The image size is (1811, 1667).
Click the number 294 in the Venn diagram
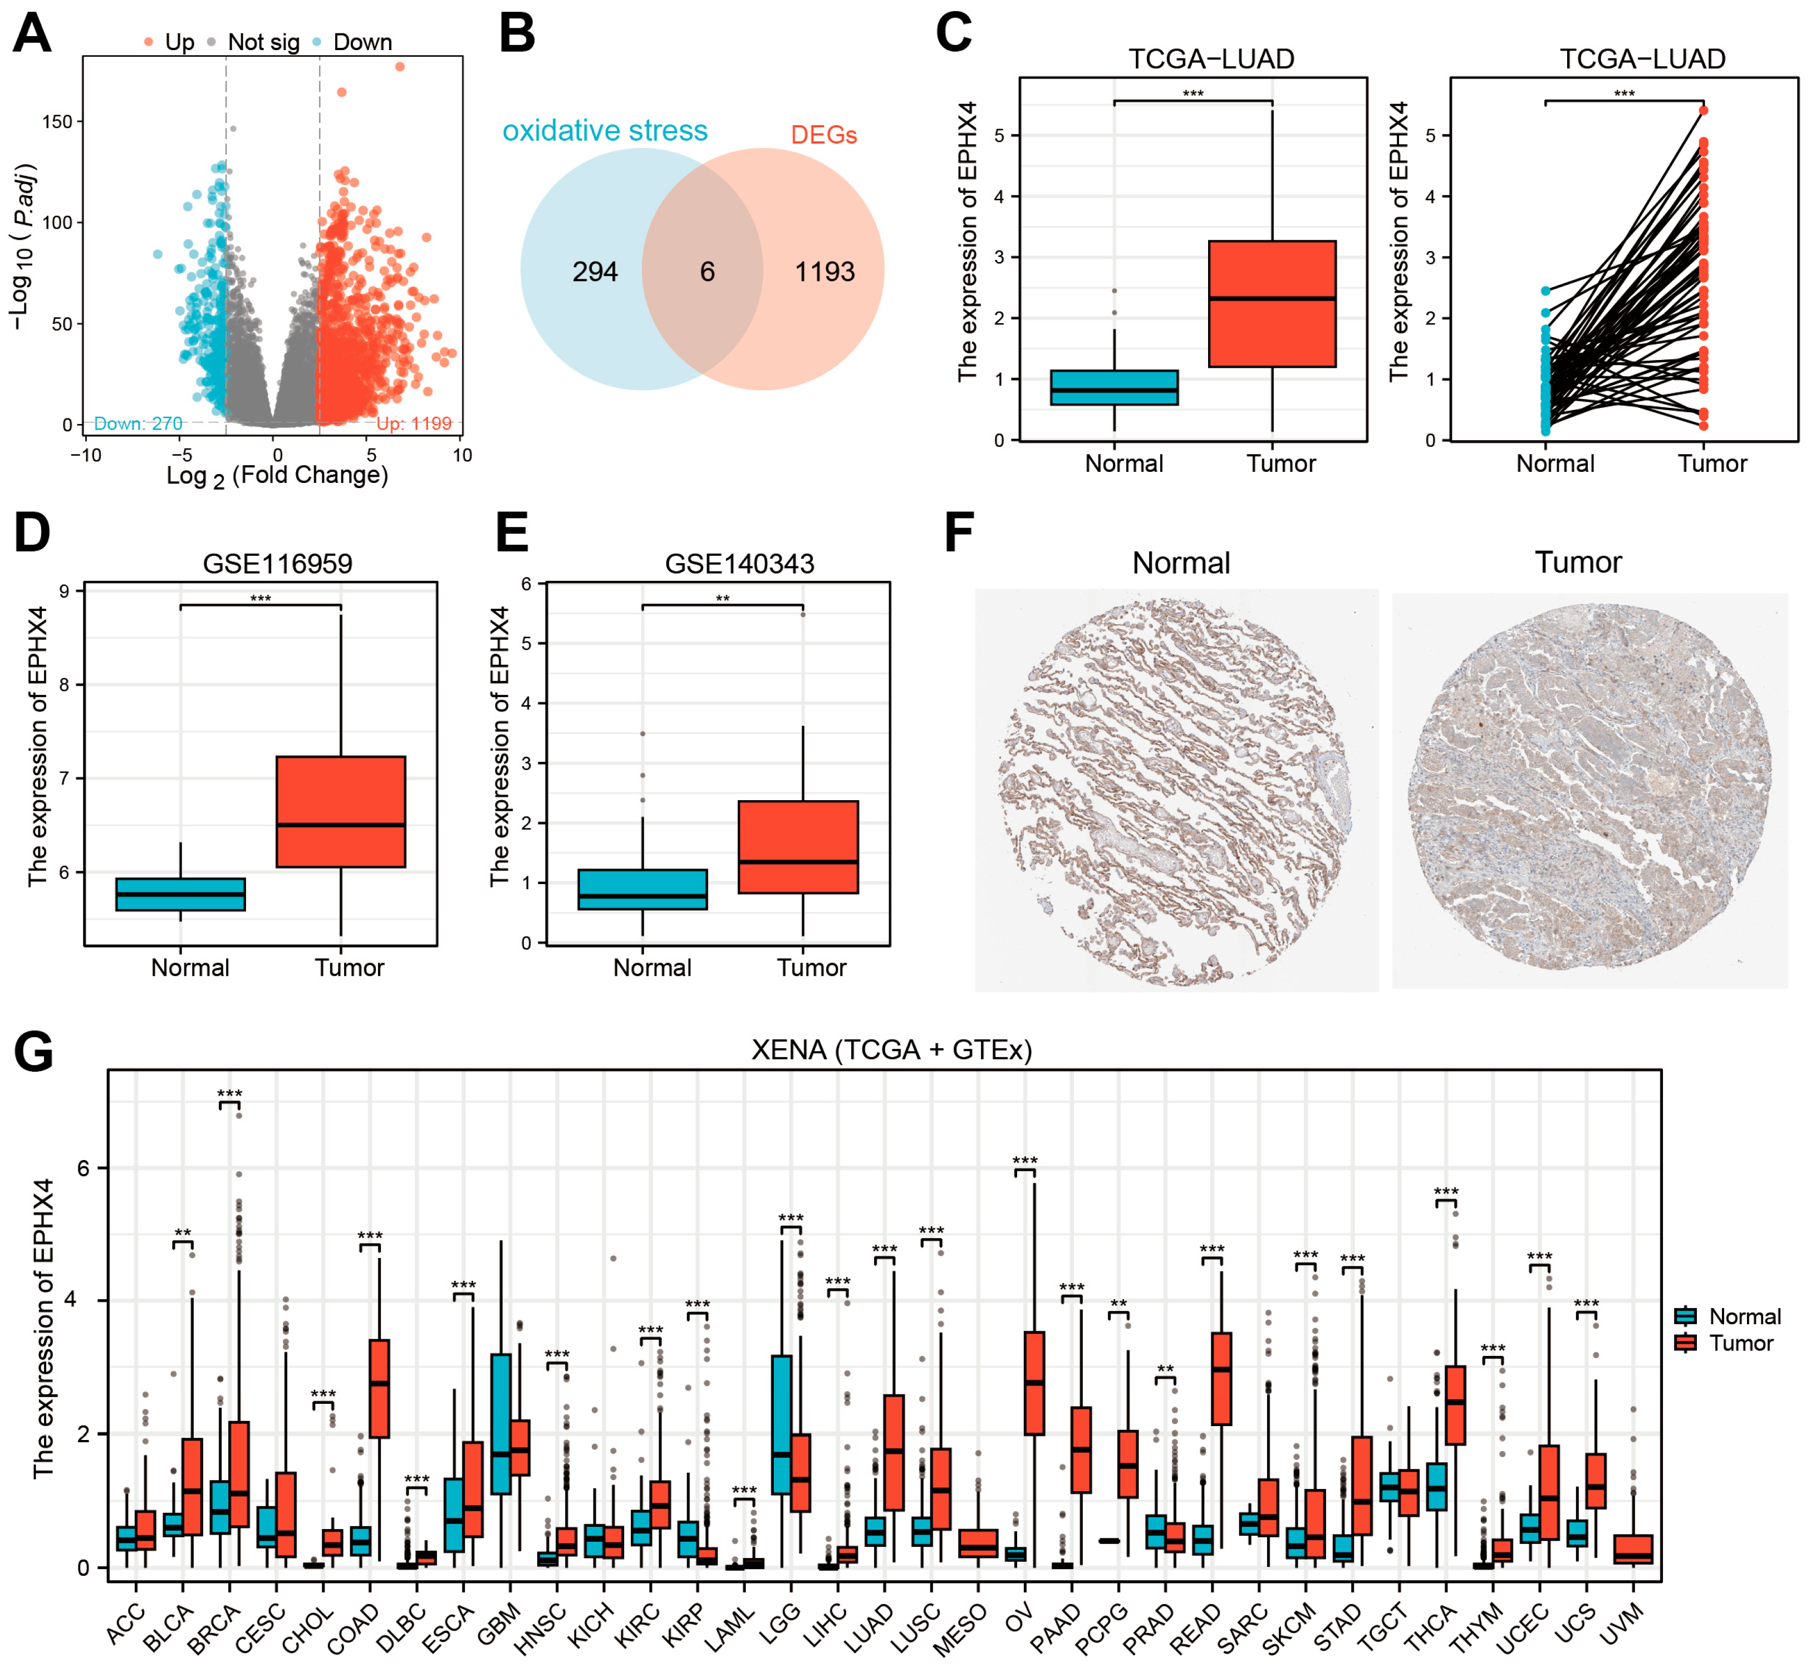[595, 272]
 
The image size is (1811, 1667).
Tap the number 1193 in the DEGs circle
[824, 272]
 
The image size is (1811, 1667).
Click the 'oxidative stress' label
[605, 131]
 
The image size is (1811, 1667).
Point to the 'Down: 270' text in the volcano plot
[138, 423]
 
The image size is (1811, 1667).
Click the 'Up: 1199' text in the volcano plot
[413, 423]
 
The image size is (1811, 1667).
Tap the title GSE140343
[739, 564]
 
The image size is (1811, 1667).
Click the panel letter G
[33, 1052]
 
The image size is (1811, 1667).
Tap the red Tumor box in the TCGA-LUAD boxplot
[1272, 303]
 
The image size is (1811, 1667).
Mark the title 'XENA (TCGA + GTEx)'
[891, 1050]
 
